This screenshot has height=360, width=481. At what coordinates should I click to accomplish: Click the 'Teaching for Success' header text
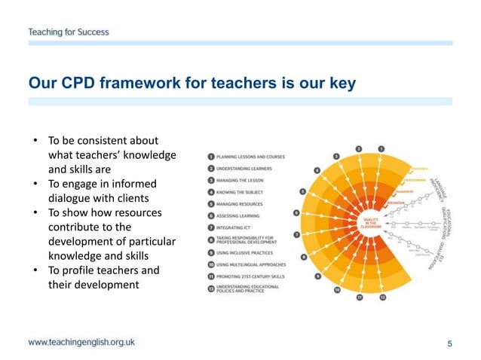(69, 32)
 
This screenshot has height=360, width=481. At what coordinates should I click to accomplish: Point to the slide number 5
(450, 344)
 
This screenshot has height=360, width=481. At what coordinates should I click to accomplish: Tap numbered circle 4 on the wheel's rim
(317, 170)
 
